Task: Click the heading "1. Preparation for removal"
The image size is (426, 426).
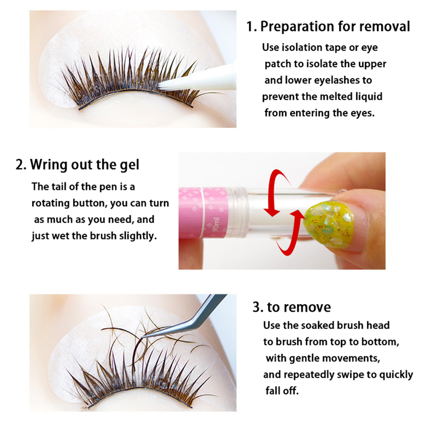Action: click(328, 27)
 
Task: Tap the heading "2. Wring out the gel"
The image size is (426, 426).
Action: click(77, 165)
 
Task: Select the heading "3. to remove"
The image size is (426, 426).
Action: click(292, 307)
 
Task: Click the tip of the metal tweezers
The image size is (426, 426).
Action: click(142, 337)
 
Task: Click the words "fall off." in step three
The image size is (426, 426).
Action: click(282, 391)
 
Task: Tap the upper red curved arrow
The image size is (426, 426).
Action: click(274, 190)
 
